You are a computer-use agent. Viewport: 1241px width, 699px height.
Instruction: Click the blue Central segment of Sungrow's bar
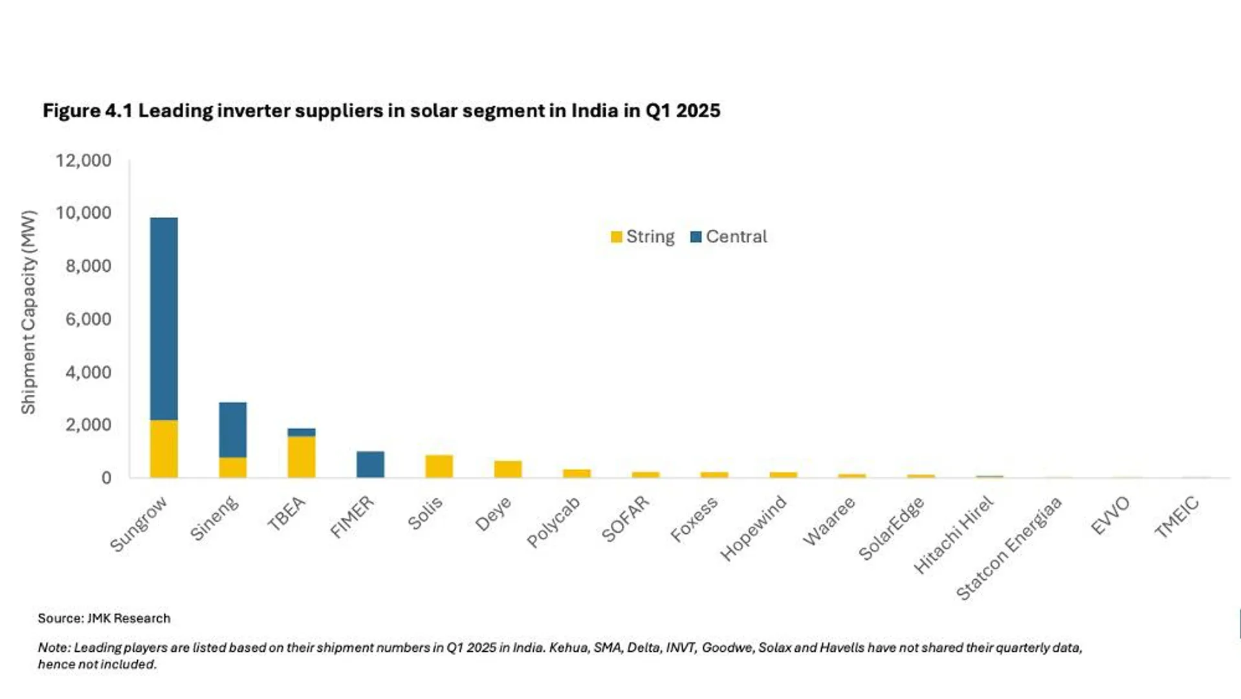(x=164, y=318)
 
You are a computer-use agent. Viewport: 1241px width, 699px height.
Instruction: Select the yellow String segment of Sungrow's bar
(x=164, y=449)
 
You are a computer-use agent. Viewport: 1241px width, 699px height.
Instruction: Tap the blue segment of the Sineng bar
(x=232, y=430)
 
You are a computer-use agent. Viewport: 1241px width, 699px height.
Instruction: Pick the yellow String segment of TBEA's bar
(x=302, y=456)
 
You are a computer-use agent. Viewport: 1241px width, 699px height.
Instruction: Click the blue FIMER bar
(x=370, y=464)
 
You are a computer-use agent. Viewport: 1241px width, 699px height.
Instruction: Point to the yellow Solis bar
(x=439, y=466)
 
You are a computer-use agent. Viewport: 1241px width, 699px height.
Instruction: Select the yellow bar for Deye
(x=508, y=469)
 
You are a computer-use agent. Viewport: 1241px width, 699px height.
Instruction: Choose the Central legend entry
(x=729, y=237)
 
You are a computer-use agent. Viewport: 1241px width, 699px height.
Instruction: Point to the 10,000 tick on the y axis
(x=83, y=213)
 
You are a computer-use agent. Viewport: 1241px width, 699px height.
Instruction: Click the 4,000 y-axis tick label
(x=88, y=372)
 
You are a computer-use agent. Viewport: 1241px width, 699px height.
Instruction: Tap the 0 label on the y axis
(x=106, y=478)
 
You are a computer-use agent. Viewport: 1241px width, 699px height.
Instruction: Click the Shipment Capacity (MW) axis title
(x=28, y=313)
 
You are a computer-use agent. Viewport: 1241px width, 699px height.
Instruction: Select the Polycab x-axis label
(x=553, y=523)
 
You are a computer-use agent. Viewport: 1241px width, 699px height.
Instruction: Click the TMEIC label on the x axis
(x=1177, y=517)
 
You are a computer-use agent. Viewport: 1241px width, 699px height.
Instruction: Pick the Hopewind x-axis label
(x=753, y=528)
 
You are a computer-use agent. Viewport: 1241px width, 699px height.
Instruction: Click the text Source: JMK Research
(x=104, y=618)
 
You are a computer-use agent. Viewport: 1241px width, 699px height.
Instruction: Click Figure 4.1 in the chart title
(x=87, y=111)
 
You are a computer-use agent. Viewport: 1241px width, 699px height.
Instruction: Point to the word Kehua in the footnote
(x=568, y=647)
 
